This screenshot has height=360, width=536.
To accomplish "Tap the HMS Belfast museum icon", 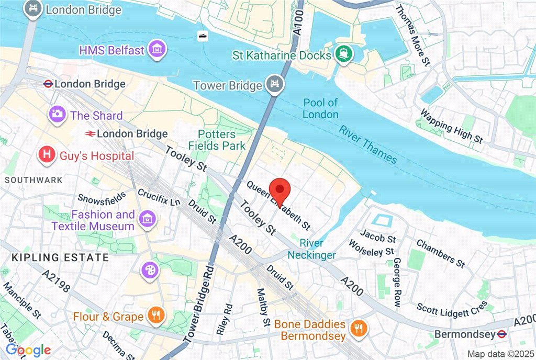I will coord(155,50).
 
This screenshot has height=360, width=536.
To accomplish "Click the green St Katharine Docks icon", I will coord(343,54).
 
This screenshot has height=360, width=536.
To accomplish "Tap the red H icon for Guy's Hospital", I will coord(47,155).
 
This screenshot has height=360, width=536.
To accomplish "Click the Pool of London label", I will coord(320,108).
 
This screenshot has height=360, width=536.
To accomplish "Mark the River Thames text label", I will coord(367,144).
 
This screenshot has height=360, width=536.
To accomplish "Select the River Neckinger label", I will coord(311,249).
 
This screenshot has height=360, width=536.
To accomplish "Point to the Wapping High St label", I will coord(451,126).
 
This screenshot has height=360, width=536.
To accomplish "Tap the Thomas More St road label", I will coord(412,35).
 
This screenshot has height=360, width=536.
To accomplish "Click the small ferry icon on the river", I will coord(202,36).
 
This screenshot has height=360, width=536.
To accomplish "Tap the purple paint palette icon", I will coord(150,271).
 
